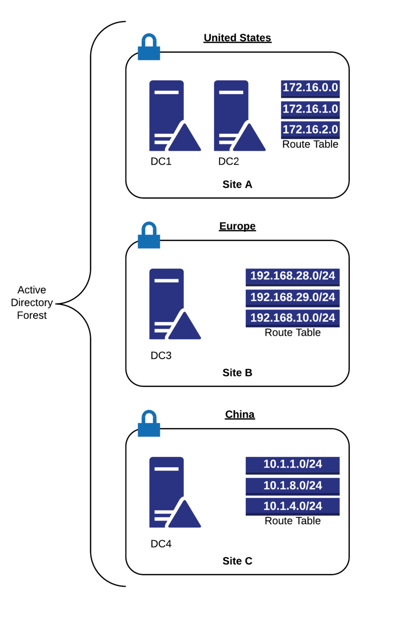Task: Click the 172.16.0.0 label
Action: pyautogui.click(x=310, y=88)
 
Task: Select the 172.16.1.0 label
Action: pyautogui.click(x=310, y=109)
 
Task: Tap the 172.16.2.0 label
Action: pyautogui.click(x=310, y=129)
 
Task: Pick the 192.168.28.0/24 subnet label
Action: pyautogui.click(x=293, y=276)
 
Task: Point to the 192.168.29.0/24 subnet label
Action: pyautogui.click(x=293, y=297)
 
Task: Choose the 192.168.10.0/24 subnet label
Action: pyautogui.click(x=293, y=318)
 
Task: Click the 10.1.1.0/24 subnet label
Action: pyautogui.click(x=293, y=464)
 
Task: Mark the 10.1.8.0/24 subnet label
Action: pyautogui.click(x=293, y=485)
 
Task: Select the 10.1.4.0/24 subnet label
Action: pyautogui.click(x=293, y=506)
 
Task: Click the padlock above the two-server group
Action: pyautogui.click(x=149, y=47)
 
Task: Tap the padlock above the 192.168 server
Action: pyautogui.click(x=149, y=235)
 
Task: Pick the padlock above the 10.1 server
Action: pyautogui.click(x=149, y=424)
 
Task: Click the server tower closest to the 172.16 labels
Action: pyautogui.click(x=230, y=106)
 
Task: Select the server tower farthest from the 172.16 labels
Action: pyautogui.click(x=165, y=106)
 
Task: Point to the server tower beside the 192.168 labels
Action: pyautogui.click(x=165, y=295)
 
